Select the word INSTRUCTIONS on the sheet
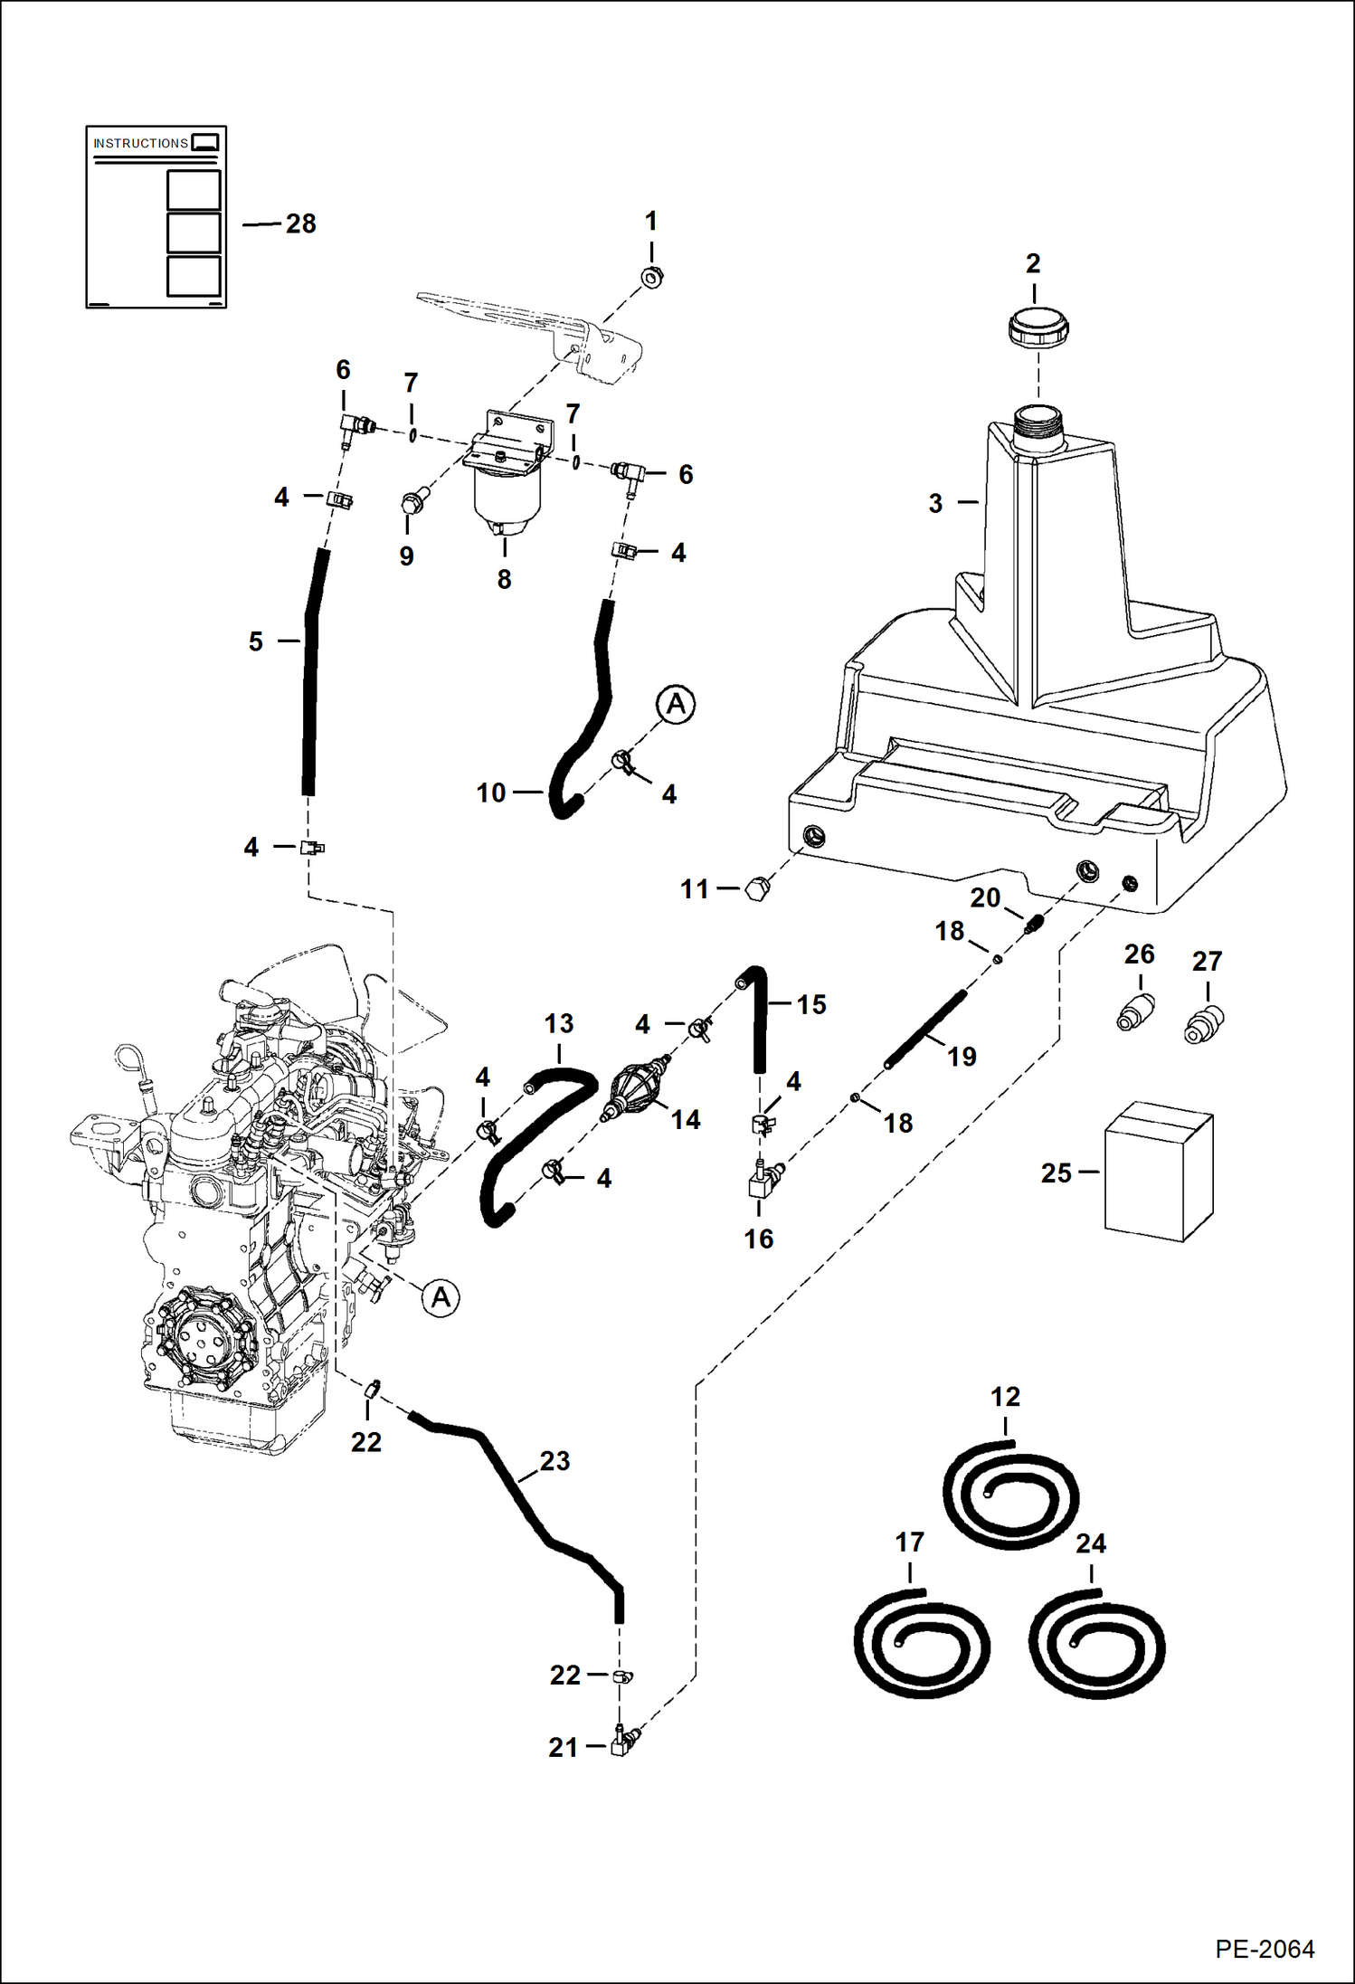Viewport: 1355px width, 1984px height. pos(140,144)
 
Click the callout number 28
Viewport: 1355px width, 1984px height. pos(300,224)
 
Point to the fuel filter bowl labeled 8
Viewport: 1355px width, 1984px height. pos(506,503)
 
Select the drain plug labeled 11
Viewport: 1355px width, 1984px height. pos(757,888)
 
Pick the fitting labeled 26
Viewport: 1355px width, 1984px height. pos(1135,1012)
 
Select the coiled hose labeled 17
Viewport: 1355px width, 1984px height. pos(921,1642)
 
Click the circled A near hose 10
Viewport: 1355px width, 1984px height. pos(676,704)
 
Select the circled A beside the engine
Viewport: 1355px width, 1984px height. pos(441,1298)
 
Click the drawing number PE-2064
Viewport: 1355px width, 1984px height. pos(1264,1949)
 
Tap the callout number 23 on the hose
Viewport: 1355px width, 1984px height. pos(554,1460)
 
